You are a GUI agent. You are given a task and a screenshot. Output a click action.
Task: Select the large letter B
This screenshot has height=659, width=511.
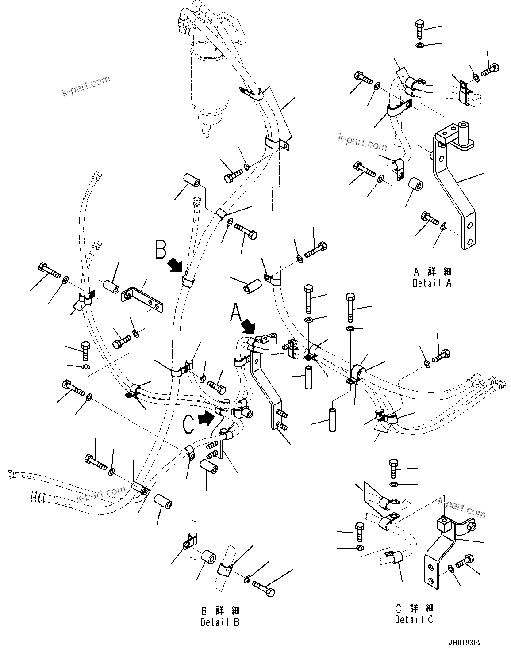coord(160,249)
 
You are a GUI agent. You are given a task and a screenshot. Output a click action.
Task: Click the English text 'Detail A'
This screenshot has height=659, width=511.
coord(432,283)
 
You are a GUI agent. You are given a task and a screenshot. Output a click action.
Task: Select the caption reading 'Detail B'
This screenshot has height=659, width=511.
coord(220,622)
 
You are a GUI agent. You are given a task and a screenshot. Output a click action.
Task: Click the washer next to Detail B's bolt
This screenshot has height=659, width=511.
coord(246,578)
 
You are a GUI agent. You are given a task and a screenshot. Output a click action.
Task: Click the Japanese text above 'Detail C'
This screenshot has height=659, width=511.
coord(414,608)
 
